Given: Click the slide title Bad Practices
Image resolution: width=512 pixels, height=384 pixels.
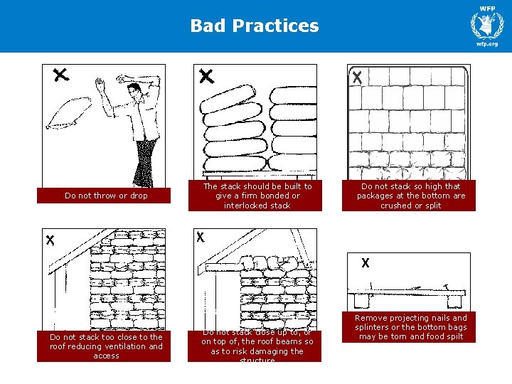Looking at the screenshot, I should pyautogui.click(x=255, y=26).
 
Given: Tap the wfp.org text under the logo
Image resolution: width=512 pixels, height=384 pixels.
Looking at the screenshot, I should pyautogui.click(x=487, y=44).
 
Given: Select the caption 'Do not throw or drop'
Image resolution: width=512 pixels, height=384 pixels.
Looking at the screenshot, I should pyautogui.click(x=106, y=196).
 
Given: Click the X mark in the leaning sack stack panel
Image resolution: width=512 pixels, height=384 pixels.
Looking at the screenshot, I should pyautogui.click(x=206, y=75).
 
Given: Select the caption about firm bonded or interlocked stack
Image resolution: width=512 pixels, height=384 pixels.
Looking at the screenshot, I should pyautogui.click(x=257, y=196).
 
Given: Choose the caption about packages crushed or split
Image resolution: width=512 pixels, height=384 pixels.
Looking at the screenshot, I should pyautogui.click(x=410, y=196).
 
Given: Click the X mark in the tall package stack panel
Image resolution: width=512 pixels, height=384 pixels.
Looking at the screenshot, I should pyautogui.click(x=357, y=79).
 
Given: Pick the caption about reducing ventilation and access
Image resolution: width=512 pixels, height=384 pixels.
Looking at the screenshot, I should pyautogui.click(x=106, y=346).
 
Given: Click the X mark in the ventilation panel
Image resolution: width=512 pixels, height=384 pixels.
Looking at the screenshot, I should pyautogui.click(x=50, y=240).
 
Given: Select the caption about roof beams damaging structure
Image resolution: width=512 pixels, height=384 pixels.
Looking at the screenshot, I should pyautogui.click(x=257, y=346).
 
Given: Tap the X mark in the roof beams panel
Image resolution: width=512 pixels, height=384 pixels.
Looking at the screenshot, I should pyautogui.click(x=201, y=237).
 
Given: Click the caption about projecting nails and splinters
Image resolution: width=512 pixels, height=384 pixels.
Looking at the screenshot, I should pyautogui.click(x=410, y=327).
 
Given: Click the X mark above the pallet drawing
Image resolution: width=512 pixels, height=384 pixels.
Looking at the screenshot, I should pyautogui.click(x=366, y=263).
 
